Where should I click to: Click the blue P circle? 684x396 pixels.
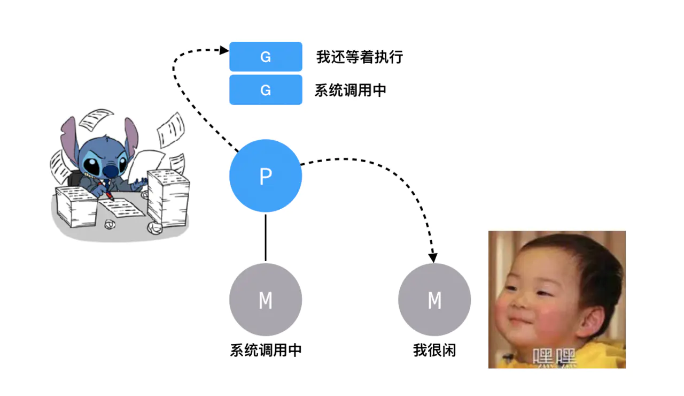tap(266, 176)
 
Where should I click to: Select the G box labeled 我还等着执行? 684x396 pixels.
tap(266, 57)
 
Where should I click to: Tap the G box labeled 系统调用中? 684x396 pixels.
tap(266, 90)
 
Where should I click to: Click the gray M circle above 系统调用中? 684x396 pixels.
tap(266, 300)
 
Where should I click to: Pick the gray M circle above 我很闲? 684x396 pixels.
tap(434, 300)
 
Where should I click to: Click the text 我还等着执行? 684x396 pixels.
tap(359, 57)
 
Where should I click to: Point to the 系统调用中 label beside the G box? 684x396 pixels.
tap(350, 90)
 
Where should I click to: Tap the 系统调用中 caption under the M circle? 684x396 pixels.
tap(266, 351)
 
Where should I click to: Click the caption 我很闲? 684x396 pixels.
tap(434, 351)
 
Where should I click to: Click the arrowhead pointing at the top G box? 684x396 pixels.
tap(224, 50)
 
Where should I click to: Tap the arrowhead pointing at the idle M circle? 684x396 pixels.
tap(433, 257)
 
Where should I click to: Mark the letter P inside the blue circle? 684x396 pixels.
tap(266, 177)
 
